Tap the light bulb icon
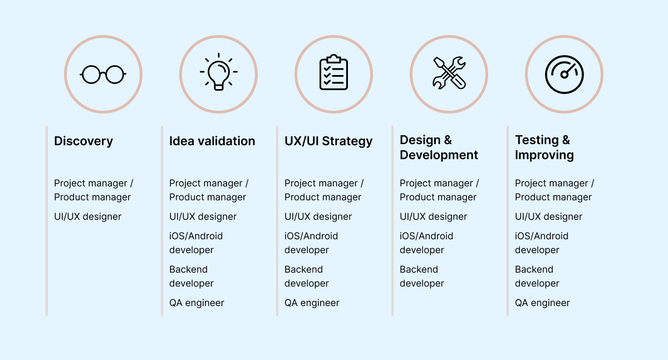point(219,72)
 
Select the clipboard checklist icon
point(333,72)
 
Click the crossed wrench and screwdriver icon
point(449,73)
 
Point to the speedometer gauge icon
point(564,75)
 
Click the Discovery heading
point(83,141)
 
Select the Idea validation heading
point(212,141)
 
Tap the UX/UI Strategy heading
point(328,141)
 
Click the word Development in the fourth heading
point(439,155)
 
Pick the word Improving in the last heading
point(544,155)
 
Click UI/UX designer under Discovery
point(88,216)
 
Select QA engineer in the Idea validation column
point(197,303)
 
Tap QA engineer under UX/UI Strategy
point(312,303)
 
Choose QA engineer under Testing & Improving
point(542,303)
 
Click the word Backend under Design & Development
point(419,269)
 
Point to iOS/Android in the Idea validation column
point(196,236)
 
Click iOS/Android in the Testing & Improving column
point(542,236)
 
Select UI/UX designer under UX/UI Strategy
point(318,216)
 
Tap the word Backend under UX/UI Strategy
point(303,269)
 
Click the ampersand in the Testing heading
point(566,140)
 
